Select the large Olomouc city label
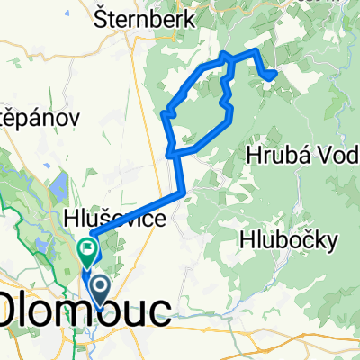(x=85, y=310)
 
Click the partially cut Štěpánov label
(x=40, y=117)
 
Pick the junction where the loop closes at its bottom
(x=171, y=154)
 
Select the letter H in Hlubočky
(x=247, y=239)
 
